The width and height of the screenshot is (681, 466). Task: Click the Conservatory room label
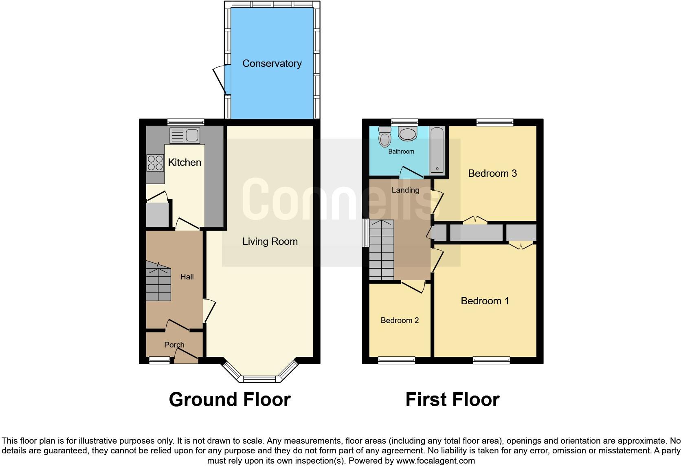[x=272, y=64]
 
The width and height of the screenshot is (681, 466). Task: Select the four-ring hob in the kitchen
[x=155, y=163]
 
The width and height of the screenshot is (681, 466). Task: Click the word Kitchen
[x=185, y=163]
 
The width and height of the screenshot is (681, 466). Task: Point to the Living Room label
[x=270, y=242]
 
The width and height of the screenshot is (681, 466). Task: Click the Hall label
[x=187, y=277]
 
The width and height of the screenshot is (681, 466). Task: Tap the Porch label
[x=174, y=345]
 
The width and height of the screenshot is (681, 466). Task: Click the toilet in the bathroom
[x=384, y=137]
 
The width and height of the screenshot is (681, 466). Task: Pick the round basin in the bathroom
[x=407, y=133]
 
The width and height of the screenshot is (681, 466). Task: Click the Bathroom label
[x=401, y=152]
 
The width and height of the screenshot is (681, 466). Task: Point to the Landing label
[x=405, y=190]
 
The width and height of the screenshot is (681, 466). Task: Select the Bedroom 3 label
[x=492, y=174]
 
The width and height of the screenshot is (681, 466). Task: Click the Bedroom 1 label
[x=485, y=301]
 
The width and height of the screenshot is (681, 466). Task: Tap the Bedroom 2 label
[x=400, y=321]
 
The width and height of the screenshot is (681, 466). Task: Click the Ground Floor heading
[x=230, y=400]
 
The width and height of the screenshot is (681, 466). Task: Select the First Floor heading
[x=452, y=400]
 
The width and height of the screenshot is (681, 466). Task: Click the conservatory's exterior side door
[x=220, y=79]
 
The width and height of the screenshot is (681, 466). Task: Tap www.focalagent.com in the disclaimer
[x=435, y=461]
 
